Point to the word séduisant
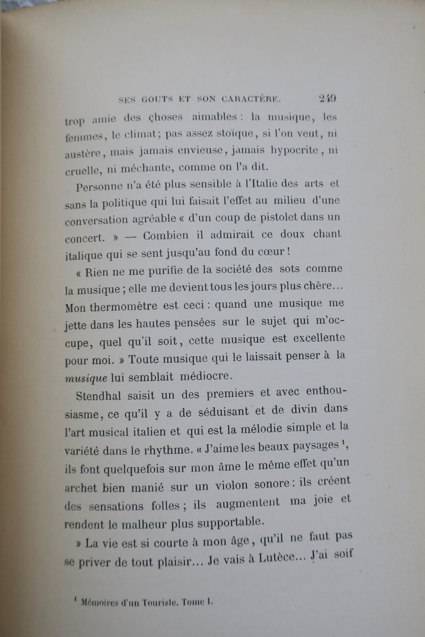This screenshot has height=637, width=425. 220,411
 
